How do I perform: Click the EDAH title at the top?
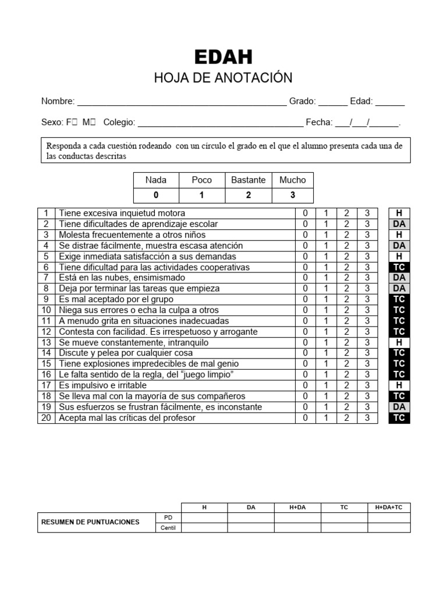pyautogui.click(x=223, y=57)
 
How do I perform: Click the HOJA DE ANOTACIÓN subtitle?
pyautogui.click(x=223, y=78)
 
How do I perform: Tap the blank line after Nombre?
pyautogui.click(x=182, y=102)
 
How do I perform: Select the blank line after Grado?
pyautogui.click(x=333, y=102)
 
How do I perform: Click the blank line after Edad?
pyautogui.click(x=389, y=102)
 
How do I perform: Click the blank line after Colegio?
pyautogui.click(x=220, y=123)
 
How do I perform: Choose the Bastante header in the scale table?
pyautogui.click(x=248, y=180)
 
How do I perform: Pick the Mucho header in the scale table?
pyautogui.click(x=292, y=180)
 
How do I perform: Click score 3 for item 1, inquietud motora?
pyautogui.click(x=367, y=214)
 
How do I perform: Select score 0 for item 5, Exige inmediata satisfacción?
pyautogui.click(x=305, y=257)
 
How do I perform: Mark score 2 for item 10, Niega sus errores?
pyautogui.click(x=346, y=310)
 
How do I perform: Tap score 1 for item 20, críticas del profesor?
pyautogui.click(x=326, y=418)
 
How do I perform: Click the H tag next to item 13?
pyautogui.click(x=399, y=343)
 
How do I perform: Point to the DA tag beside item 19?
pyautogui.click(x=399, y=407)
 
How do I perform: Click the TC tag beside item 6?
pyautogui.click(x=399, y=267)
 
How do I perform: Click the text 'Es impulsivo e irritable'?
pyautogui.click(x=102, y=385)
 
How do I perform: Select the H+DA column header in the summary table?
pyautogui.click(x=297, y=508)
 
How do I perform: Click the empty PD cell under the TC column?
pyautogui.click(x=344, y=517)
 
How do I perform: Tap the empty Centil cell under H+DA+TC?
pyautogui.click(x=389, y=528)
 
